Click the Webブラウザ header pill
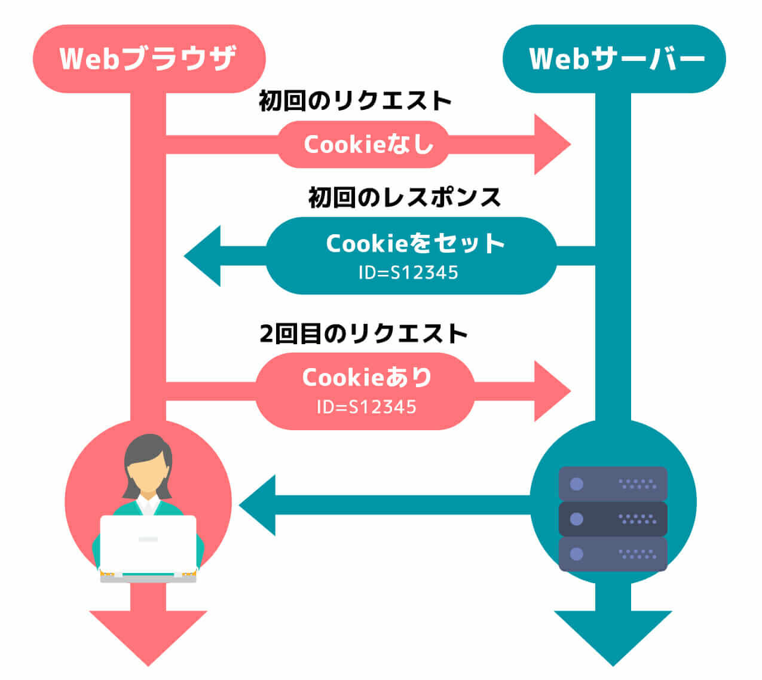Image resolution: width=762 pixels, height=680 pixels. tap(149, 59)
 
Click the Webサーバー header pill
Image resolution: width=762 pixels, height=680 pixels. tap(614, 59)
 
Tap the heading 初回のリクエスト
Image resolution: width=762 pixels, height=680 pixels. tap(355, 101)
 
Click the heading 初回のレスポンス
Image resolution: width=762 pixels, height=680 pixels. tap(405, 197)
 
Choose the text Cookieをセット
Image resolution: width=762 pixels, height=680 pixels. tap(415, 243)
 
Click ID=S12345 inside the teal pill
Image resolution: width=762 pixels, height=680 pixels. tap(408, 273)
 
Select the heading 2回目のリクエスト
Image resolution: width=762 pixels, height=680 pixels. tap(363, 333)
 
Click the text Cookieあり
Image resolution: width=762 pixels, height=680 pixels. tap(366, 377)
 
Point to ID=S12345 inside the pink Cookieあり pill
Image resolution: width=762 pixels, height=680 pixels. tap(366, 408)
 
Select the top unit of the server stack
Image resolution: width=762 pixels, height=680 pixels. tap(613, 483)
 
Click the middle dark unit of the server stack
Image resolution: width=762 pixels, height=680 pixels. tap(613, 519)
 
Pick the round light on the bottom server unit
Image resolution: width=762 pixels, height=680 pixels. tap(576, 554)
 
